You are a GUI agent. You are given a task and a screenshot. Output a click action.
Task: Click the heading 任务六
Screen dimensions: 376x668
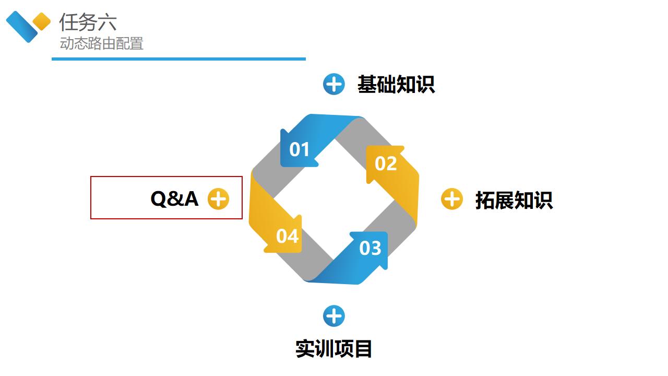(88, 22)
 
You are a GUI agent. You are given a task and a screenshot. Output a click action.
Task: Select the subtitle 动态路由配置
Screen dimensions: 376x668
(101, 43)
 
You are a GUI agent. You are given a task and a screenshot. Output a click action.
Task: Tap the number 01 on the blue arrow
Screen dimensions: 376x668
(300, 150)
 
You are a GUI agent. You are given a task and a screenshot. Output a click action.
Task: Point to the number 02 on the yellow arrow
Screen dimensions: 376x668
(386, 163)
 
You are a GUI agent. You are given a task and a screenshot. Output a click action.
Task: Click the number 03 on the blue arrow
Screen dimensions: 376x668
(370, 248)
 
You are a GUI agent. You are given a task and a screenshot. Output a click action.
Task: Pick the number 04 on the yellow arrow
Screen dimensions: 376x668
(287, 236)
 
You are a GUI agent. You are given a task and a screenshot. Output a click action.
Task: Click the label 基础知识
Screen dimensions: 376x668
(396, 85)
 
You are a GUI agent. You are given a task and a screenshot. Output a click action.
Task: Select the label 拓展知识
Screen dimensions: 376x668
(514, 200)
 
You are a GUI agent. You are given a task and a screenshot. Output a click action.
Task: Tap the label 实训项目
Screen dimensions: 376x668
(333, 348)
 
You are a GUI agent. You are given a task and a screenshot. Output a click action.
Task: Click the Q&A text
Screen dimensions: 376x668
(174, 198)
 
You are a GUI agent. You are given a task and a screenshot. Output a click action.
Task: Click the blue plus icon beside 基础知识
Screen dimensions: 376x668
(334, 84)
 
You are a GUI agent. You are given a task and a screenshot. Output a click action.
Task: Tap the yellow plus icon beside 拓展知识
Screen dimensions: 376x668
(452, 199)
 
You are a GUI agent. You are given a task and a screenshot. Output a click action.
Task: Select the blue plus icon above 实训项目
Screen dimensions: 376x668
(334, 316)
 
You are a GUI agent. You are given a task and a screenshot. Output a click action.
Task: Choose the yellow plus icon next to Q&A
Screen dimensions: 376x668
(219, 199)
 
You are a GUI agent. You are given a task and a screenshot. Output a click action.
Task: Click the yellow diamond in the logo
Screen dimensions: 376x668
(42, 22)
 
